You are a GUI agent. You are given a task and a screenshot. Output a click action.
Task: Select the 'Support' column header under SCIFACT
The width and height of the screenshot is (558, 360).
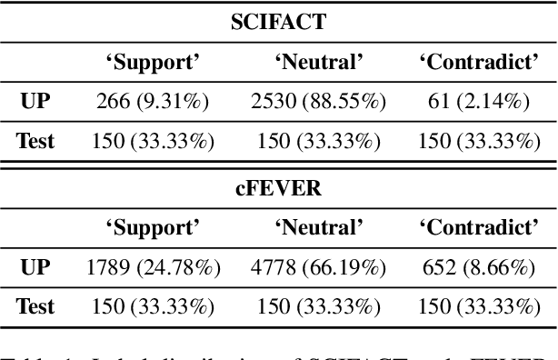pos(153,63)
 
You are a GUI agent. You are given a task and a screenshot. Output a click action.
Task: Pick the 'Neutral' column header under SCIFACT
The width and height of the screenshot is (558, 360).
pos(318,63)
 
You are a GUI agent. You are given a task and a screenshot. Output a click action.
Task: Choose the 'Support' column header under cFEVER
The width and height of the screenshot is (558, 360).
pos(153,227)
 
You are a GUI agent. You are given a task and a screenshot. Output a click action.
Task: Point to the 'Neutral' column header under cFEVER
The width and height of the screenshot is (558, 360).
pos(318,227)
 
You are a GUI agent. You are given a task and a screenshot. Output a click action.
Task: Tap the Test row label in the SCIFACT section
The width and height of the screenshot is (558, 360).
pos(36,141)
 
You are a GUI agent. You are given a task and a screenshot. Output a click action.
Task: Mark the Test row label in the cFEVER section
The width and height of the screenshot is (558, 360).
pos(36,306)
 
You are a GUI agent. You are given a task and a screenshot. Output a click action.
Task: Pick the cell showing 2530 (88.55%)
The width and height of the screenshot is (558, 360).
pos(318,102)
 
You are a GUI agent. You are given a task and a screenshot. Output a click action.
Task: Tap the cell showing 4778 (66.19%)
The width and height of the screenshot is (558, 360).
pos(318,267)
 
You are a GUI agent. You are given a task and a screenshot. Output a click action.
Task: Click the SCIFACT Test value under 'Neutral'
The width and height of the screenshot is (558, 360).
pos(318,141)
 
